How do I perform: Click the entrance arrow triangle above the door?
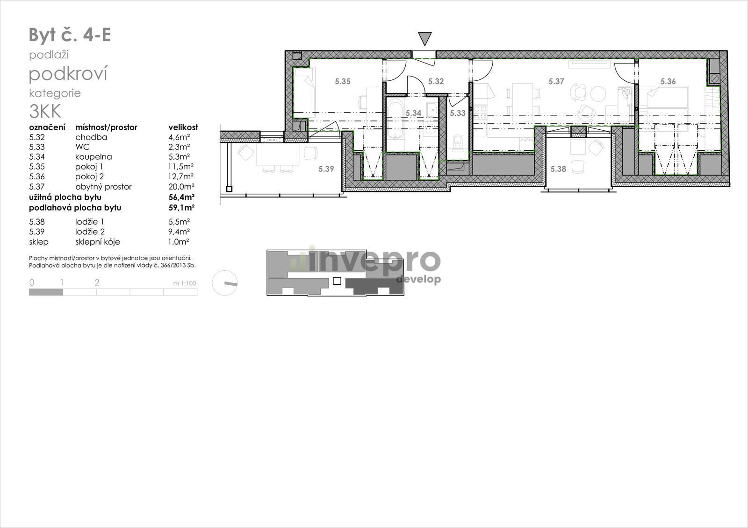(425, 38)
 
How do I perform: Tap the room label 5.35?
(343, 81)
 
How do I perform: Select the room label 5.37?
(556, 81)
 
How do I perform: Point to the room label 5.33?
(458, 113)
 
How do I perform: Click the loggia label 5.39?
(326, 169)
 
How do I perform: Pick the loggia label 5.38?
(558, 169)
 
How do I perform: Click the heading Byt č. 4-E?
(70, 35)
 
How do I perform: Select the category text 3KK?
(45, 112)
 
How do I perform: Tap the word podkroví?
(68, 74)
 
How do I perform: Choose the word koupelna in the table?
(93, 157)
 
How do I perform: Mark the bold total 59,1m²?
(181, 207)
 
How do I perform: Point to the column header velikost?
(183, 127)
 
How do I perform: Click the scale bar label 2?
(97, 282)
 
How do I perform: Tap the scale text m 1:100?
(184, 283)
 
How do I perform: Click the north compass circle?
(225, 283)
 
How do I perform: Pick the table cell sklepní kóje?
(98, 242)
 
